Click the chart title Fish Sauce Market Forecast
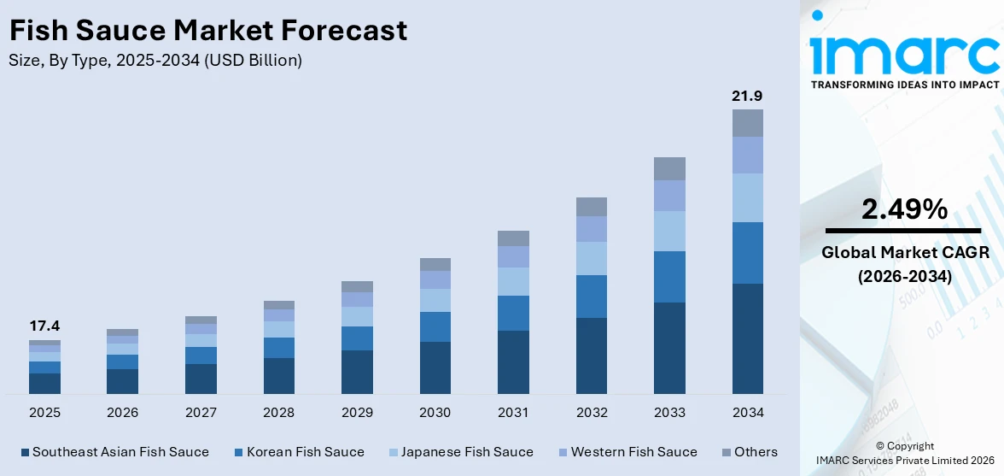207,31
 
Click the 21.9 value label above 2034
747,96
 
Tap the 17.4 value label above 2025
44,326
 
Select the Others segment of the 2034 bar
747,123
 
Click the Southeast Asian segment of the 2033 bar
669,348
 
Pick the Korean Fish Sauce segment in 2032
591,297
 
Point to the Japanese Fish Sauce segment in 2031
513,281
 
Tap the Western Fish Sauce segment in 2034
747,155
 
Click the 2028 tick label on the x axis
278,413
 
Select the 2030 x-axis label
435,413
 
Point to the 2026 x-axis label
122,413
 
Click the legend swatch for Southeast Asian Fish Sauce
25,452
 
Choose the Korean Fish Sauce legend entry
305,452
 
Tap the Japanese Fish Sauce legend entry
466,452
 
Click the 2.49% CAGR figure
904,209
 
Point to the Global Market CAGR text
904,252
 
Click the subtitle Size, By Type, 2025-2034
155,61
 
